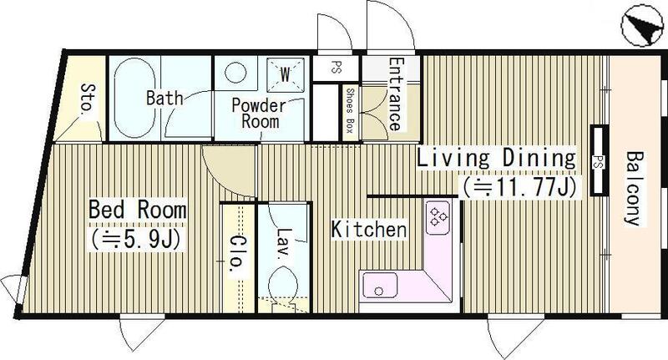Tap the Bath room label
[x=164, y=98]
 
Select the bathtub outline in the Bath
[x=134, y=98]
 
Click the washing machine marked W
[x=285, y=75]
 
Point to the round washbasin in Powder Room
[x=235, y=73]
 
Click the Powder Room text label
[x=260, y=114]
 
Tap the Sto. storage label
[x=89, y=99]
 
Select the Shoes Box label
[x=350, y=111]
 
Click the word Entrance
[x=395, y=94]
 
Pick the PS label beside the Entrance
[x=337, y=68]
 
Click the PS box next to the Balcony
[x=599, y=160]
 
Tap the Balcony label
[x=634, y=188]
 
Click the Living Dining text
[x=496, y=158]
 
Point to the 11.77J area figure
[x=520, y=186]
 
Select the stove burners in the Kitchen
[x=438, y=217]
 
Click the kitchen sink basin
[x=380, y=286]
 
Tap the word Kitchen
[x=369, y=230]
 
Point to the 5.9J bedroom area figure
[x=134, y=240]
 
